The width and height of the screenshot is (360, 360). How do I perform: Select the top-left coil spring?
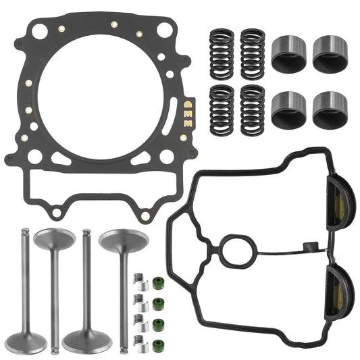tap(222, 51)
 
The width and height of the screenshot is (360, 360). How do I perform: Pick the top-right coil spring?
tap(253, 51)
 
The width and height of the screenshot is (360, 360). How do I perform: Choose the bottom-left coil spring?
tap(222, 108)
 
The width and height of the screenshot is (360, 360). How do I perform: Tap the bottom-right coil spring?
tap(253, 108)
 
